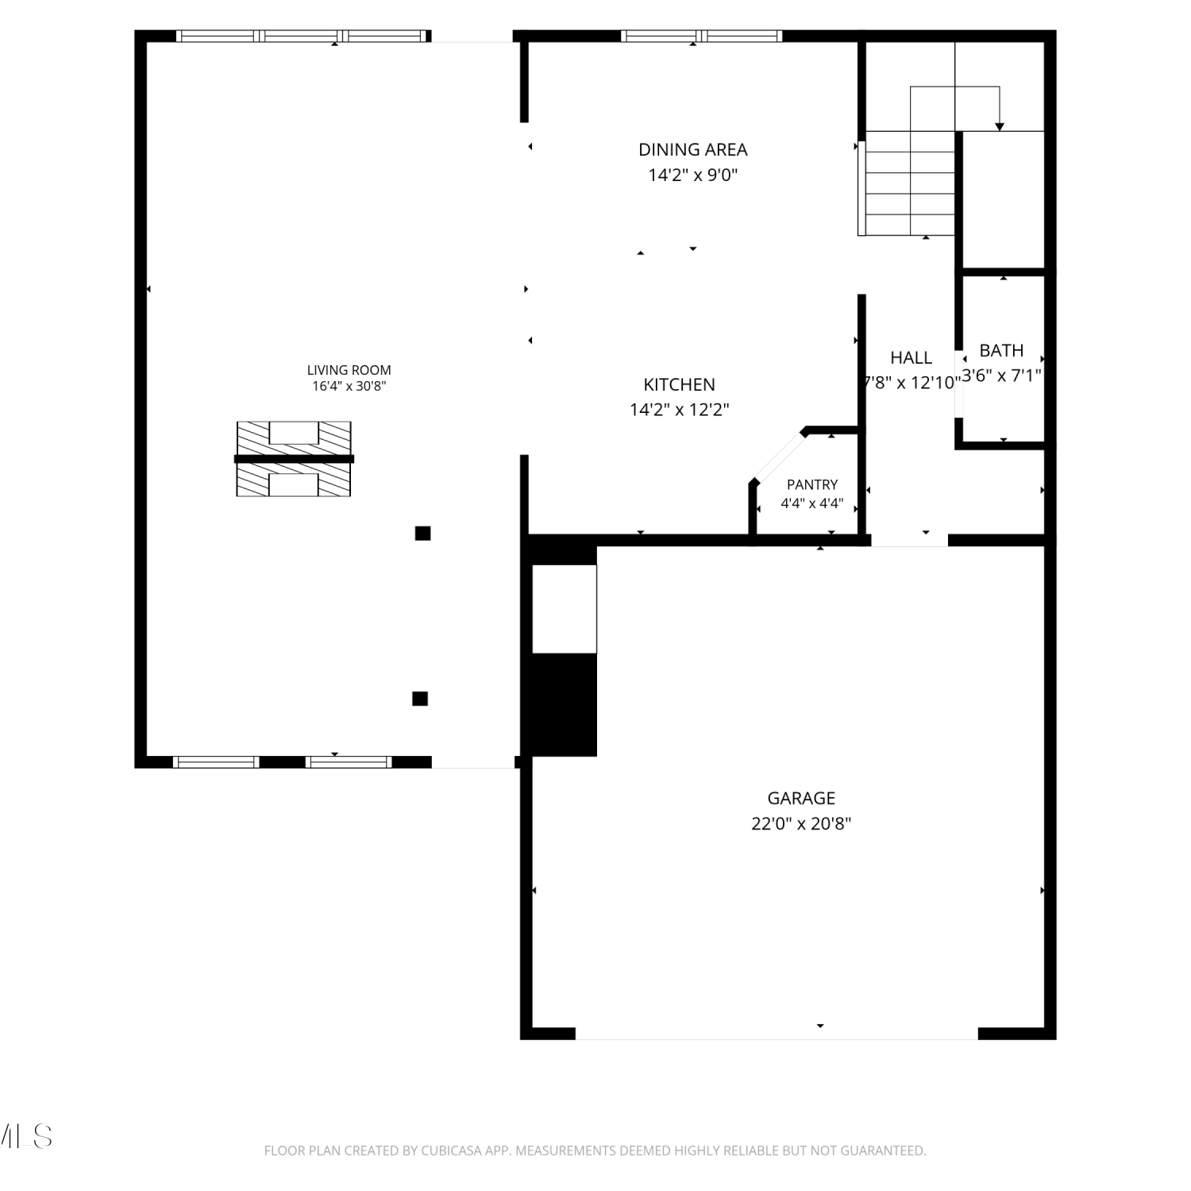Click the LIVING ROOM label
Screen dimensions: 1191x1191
pos(349,370)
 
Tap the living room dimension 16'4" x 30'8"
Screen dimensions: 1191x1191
pos(349,387)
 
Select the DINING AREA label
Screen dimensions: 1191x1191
pos(693,149)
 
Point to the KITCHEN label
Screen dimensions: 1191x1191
pos(679,384)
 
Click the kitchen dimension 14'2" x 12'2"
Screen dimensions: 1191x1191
pos(679,410)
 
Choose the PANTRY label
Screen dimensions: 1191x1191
pos(812,484)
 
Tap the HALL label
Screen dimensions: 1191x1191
pos(911,357)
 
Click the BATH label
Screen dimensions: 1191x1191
pos(1001,350)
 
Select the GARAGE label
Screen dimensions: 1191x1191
pos(801,798)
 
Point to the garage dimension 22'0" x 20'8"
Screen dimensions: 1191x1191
pos(801,823)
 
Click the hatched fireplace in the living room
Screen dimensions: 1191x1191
pos(294,459)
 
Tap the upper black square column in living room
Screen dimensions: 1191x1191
pos(422,533)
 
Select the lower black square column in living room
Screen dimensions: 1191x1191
pos(420,699)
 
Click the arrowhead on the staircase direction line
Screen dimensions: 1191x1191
pos(1000,127)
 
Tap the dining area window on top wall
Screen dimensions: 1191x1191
pos(701,36)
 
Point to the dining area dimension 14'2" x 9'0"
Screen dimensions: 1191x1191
pos(693,175)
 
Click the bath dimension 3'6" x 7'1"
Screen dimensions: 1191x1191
pos(1001,376)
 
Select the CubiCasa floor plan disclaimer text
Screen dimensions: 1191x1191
pos(595,1151)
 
